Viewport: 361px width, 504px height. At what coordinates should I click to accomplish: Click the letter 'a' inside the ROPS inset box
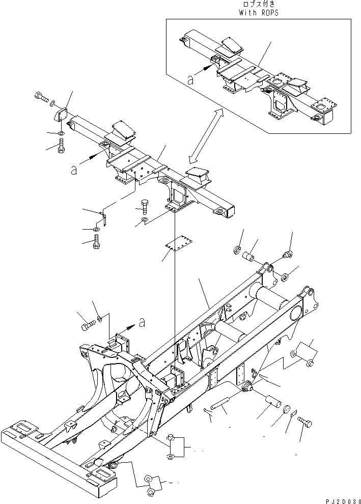(x=190, y=79)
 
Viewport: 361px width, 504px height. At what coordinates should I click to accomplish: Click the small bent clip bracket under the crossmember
(x=102, y=219)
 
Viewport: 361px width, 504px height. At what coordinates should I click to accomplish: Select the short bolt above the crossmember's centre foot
(x=144, y=207)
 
